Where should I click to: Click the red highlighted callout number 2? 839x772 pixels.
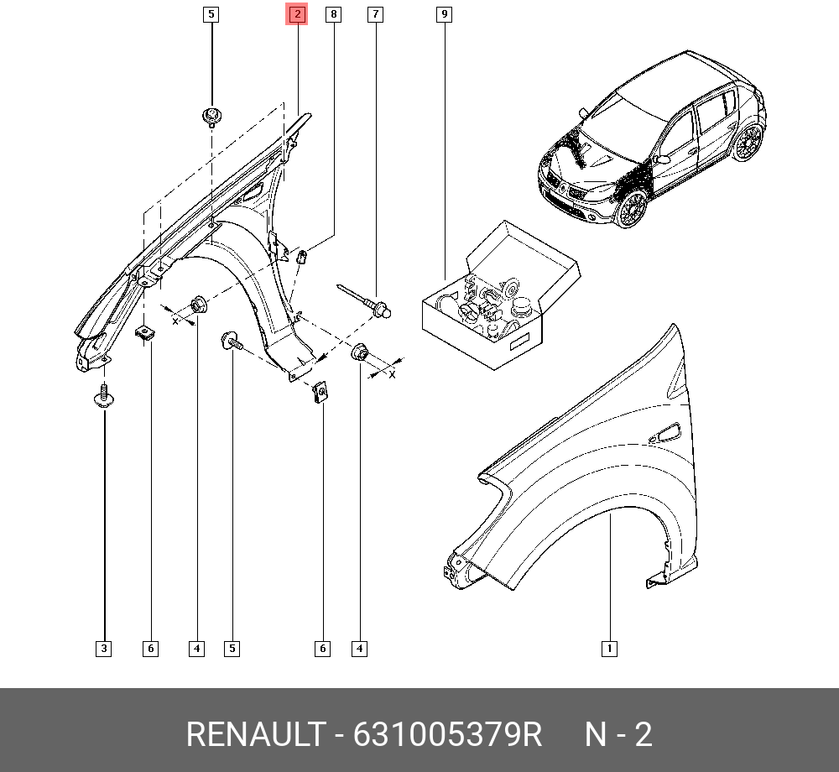point(297,14)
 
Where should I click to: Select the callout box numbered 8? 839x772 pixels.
point(334,14)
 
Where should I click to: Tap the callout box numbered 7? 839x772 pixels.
point(375,14)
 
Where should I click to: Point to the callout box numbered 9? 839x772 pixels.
point(444,14)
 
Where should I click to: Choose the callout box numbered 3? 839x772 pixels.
point(103,648)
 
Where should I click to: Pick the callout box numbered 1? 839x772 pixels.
point(610,648)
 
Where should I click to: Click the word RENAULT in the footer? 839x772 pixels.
point(254,735)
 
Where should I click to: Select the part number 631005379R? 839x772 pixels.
point(448,735)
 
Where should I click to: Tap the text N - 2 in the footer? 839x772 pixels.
point(618,735)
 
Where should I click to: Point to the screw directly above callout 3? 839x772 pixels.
point(103,396)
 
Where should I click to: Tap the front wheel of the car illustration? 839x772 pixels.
point(632,209)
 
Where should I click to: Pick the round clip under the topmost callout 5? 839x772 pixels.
point(211,115)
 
